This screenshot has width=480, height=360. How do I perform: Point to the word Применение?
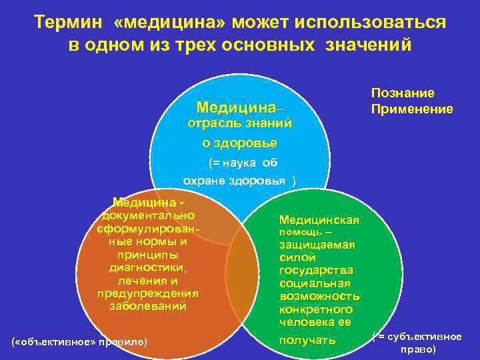click(412, 109)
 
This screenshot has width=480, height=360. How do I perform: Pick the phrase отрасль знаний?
click(239, 124)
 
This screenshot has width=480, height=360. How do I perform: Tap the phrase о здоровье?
click(240, 143)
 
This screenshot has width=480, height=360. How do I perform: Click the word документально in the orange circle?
click(147, 215)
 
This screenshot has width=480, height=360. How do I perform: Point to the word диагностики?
click(147, 267)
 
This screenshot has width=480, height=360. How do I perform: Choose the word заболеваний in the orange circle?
click(147, 307)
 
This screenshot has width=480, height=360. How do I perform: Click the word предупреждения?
click(147, 294)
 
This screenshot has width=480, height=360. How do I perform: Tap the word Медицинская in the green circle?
click(319, 220)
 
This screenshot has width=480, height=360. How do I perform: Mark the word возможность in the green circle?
click(319, 296)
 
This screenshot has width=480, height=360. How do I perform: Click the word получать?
click(307, 341)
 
